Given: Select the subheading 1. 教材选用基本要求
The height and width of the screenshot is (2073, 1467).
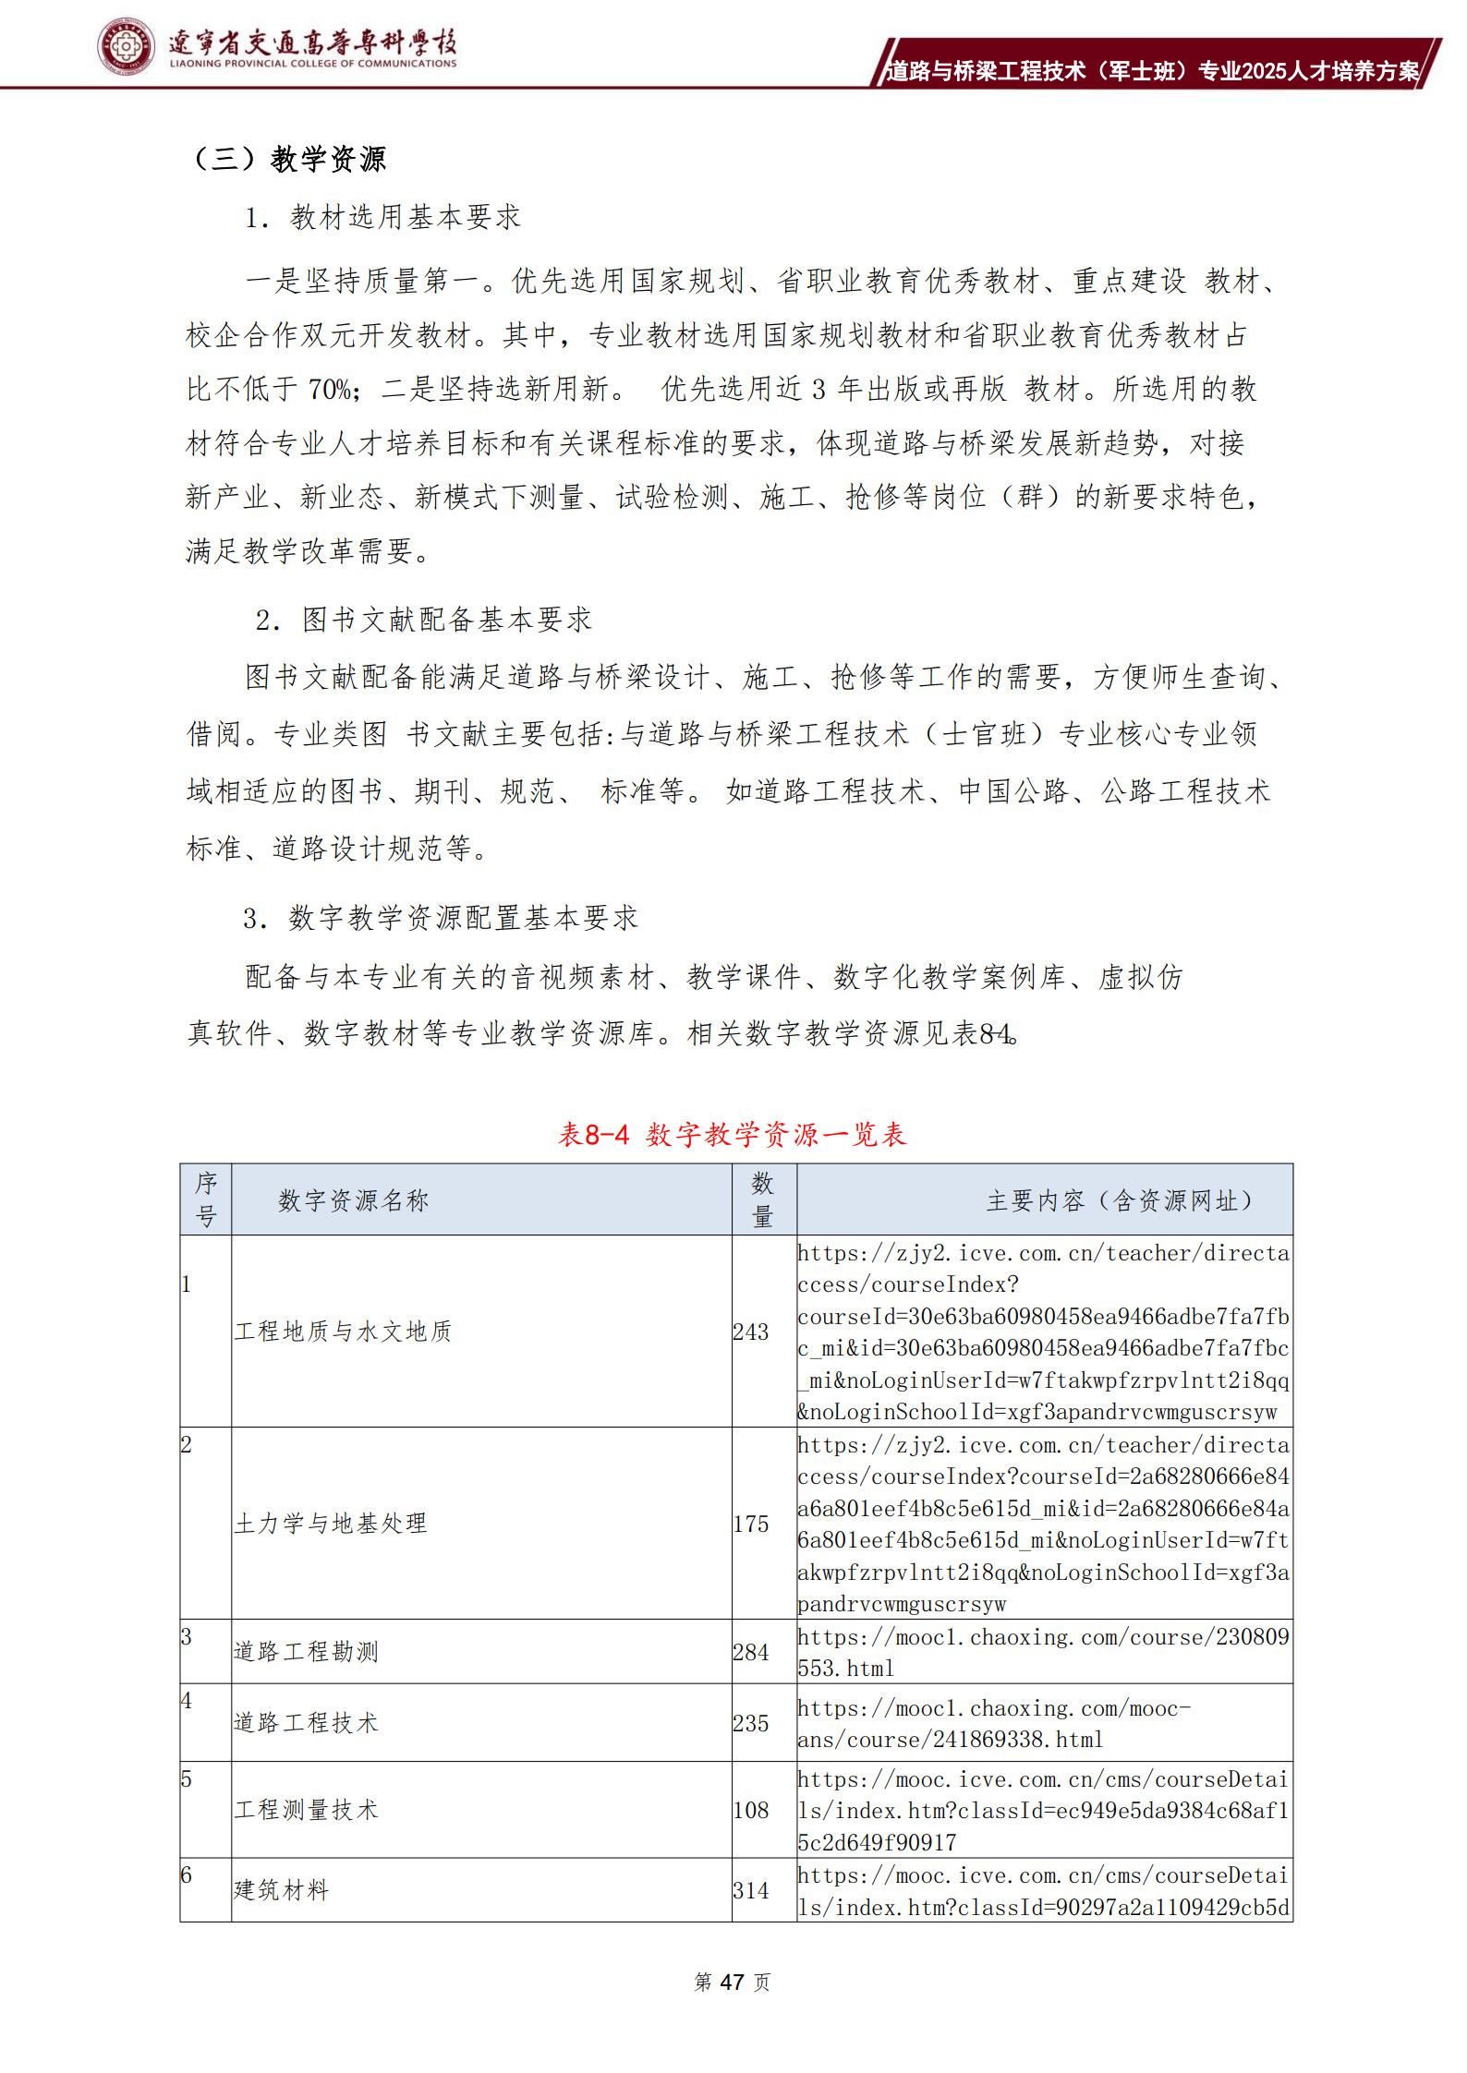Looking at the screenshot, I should tap(382, 217).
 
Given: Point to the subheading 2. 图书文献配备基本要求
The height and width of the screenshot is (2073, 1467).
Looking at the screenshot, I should tap(423, 620).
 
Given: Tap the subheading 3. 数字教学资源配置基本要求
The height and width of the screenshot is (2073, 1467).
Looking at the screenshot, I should tap(440, 918).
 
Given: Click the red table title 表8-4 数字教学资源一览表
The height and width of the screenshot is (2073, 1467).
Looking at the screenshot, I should tap(732, 1134).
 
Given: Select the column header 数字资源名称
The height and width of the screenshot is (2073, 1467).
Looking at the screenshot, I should tap(354, 1200).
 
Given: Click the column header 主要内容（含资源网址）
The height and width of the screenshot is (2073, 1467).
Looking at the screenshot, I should tap(1120, 1200).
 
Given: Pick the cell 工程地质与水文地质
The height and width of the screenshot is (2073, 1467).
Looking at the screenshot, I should tap(343, 1331).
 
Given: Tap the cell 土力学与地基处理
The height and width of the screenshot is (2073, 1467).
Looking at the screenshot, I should tap(331, 1523).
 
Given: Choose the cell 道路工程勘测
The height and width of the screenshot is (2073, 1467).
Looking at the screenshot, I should tap(306, 1651).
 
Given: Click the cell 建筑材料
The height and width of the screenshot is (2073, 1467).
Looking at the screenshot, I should tap(281, 1889).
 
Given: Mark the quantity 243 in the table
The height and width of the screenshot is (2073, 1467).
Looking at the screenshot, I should tap(751, 1332).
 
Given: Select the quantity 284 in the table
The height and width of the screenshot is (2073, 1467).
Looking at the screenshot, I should tap(751, 1652).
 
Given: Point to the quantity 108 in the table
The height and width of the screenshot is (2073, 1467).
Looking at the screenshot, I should tap(751, 1810).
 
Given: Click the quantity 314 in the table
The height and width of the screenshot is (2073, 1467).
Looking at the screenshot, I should tap(751, 1890).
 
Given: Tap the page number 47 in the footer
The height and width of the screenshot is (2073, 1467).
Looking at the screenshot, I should tap(732, 1983).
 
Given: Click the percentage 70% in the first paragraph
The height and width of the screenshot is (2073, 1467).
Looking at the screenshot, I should tap(330, 390).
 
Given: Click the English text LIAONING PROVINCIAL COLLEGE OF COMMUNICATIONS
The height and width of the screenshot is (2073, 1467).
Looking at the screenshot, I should tap(313, 64).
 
